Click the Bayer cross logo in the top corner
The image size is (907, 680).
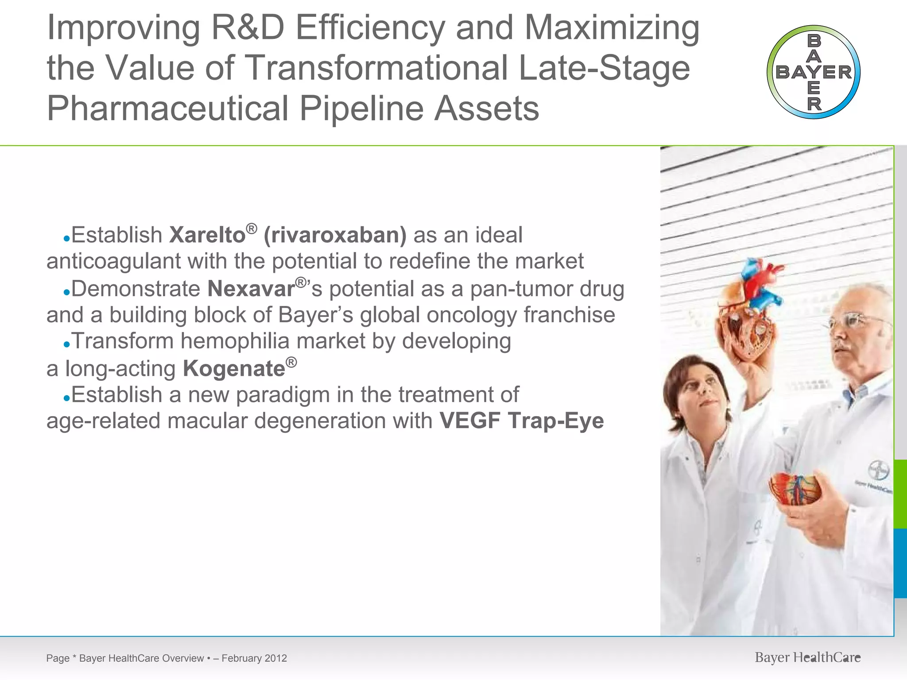(814, 72)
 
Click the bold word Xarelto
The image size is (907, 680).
(207, 235)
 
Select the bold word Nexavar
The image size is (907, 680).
(251, 289)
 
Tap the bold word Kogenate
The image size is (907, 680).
(234, 369)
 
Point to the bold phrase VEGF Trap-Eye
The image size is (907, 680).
(522, 421)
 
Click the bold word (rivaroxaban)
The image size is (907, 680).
(335, 235)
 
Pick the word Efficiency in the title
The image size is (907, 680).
(370, 28)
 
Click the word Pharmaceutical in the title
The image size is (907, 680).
(167, 108)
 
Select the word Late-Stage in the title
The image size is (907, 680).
(604, 68)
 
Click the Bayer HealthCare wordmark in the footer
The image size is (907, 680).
(807, 658)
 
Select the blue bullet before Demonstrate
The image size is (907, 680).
(66, 293)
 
